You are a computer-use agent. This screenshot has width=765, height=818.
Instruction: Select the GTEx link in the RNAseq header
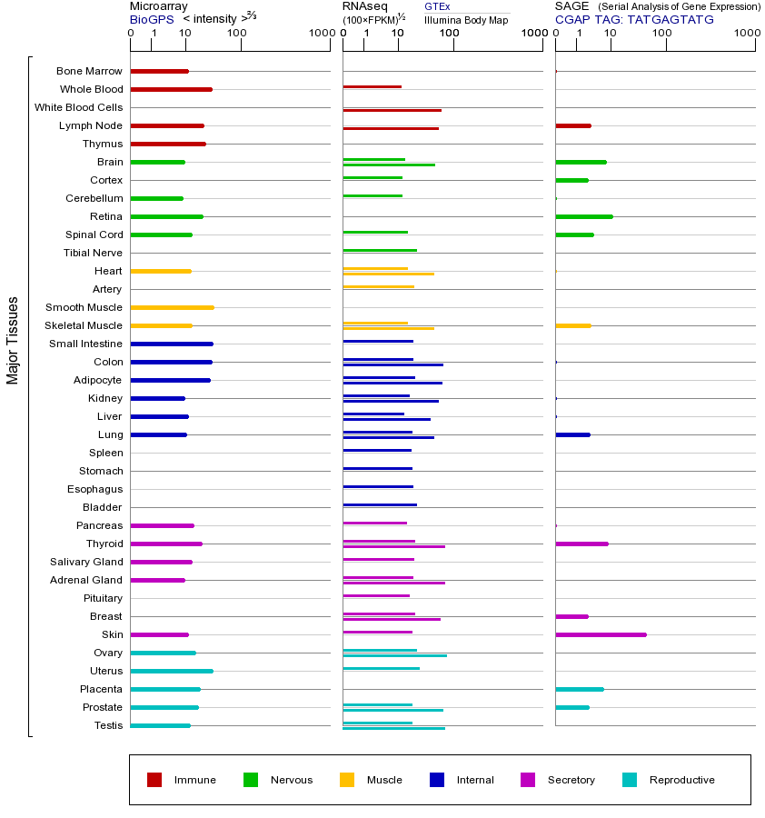pyautogui.click(x=437, y=6)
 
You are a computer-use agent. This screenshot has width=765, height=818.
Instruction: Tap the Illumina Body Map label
pyautogui.click(x=466, y=19)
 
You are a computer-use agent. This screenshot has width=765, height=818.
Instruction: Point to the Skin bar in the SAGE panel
pyautogui.click(x=601, y=634)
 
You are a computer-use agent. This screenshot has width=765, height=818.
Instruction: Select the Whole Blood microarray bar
pyautogui.click(x=171, y=89)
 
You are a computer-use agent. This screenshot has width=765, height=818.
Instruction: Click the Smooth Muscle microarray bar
pyautogui.click(x=172, y=307)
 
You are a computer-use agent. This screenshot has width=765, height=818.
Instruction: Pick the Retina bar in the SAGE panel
pyautogui.click(x=583, y=216)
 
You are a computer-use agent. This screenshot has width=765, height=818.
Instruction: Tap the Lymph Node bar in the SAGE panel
pyautogui.click(x=572, y=125)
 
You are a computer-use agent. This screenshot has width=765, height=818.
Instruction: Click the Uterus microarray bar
pyautogui.click(x=172, y=671)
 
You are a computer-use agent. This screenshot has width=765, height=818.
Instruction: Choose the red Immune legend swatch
pyautogui.click(x=154, y=780)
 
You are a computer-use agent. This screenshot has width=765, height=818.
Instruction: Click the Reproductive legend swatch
pyautogui.click(x=630, y=780)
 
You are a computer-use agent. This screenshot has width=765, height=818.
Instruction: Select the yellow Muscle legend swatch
pyautogui.click(x=347, y=780)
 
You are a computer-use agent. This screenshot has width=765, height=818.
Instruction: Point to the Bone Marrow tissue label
pyautogui.click(x=89, y=71)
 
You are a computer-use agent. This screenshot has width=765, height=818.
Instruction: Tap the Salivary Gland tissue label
pyautogui.click(x=86, y=562)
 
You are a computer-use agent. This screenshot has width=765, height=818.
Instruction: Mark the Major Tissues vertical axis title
pyautogui.click(x=13, y=340)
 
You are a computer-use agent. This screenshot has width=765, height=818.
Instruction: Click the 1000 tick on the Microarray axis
pyautogui.click(x=320, y=34)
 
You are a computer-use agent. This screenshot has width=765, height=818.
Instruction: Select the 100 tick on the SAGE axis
pyautogui.click(x=666, y=34)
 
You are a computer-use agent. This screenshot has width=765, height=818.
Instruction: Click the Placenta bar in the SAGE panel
pyautogui.click(x=579, y=689)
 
